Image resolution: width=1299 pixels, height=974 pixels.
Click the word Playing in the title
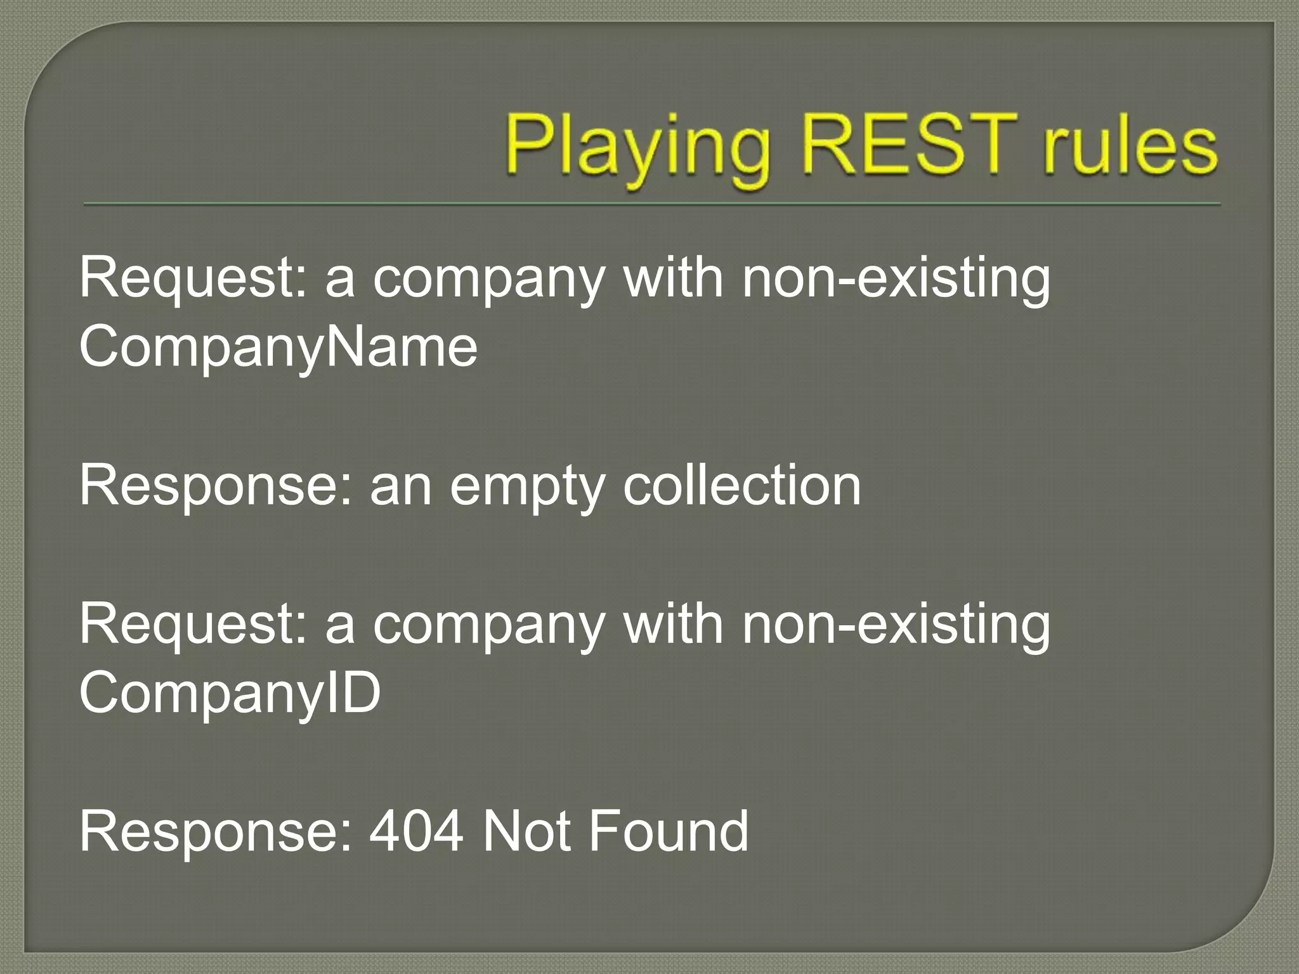click(637, 147)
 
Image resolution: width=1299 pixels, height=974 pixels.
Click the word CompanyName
click(278, 347)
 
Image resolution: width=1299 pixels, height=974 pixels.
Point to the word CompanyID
click(230, 693)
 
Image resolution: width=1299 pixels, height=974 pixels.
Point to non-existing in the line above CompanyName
click(896, 279)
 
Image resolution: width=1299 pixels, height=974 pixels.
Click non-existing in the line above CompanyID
click(896, 625)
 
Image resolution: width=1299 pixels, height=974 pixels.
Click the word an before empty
click(401, 487)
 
